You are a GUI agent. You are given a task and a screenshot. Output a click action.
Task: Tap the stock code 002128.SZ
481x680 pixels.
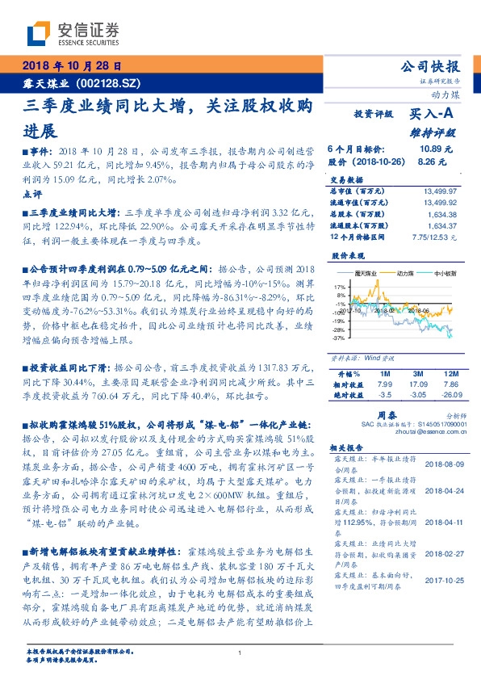click(111, 82)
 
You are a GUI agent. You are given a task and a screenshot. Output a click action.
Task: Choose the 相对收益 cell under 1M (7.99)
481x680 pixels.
click(383, 384)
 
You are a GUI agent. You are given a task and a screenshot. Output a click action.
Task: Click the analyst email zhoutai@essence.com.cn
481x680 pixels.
click(417, 431)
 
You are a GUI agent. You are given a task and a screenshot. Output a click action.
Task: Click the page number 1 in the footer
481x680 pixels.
click(240, 654)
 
